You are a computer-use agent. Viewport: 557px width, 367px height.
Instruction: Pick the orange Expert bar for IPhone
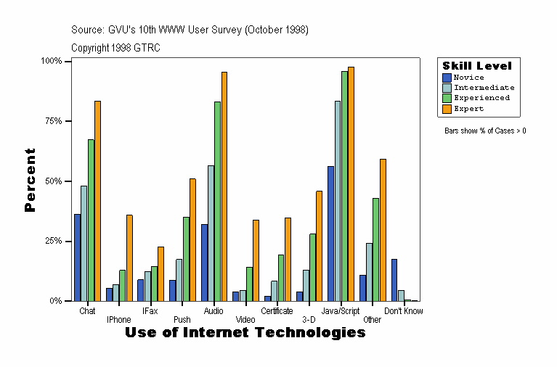pos(129,257)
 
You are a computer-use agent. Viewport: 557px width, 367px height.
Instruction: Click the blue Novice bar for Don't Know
pos(394,280)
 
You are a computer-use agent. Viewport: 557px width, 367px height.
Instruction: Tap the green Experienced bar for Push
pos(186,259)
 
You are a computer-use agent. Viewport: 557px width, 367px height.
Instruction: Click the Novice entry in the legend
pos(468,78)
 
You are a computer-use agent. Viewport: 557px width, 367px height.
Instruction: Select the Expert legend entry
pos(468,109)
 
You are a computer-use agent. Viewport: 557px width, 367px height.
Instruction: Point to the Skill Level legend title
pos(477,66)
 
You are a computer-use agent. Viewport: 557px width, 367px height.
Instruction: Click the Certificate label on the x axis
pos(277,311)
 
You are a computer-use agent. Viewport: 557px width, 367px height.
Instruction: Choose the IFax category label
pos(150,311)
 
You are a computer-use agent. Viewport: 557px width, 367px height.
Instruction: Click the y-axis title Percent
pos(30,180)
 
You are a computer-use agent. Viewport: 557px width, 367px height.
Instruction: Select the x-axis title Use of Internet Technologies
pos(245,333)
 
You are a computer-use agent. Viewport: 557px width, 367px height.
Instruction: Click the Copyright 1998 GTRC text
pos(115,48)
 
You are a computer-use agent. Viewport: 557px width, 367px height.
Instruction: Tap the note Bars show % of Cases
pos(485,131)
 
